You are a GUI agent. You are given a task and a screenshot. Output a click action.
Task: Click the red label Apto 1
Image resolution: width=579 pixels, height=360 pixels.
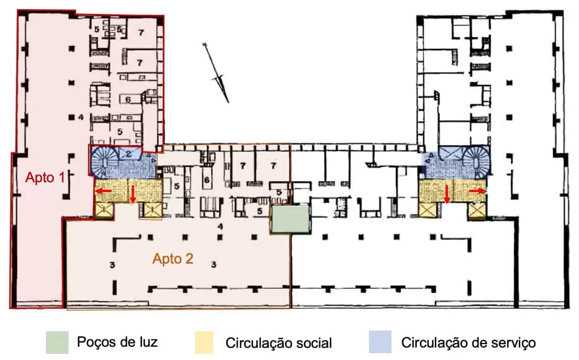click(x=46, y=178)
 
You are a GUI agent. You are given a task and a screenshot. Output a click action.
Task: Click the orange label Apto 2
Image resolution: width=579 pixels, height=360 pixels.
click(x=173, y=259)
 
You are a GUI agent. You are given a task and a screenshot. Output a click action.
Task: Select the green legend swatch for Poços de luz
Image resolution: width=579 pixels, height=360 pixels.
click(x=56, y=342)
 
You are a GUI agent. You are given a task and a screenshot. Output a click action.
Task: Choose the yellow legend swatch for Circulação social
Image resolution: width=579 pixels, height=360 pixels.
click(x=206, y=342)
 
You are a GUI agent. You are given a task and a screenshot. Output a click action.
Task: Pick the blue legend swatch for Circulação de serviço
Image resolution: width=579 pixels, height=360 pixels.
click(x=380, y=342)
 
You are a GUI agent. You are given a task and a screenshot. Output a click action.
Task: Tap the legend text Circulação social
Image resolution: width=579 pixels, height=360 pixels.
click(x=279, y=342)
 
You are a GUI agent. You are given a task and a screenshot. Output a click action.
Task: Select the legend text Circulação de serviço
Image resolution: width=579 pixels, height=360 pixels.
click(x=469, y=342)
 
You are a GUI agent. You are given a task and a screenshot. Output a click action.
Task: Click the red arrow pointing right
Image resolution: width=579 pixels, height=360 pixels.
click(x=477, y=191)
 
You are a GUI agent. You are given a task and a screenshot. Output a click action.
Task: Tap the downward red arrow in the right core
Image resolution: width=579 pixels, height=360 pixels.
click(x=447, y=194)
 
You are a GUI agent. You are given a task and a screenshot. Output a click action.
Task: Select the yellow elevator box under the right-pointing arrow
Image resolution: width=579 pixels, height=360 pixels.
click(x=476, y=210)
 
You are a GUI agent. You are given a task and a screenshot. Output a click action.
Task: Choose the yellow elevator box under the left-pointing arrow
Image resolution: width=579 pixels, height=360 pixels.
click(x=104, y=210)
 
